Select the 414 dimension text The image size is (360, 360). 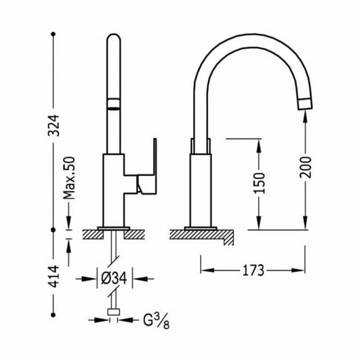pyautogui.click(x=55, y=276)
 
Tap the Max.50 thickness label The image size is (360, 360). pyautogui.click(x=69, y=178)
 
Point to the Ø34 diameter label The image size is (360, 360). pyautogui.click(x=114, y=278)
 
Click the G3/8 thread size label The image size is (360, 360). pyautogui.click(x=156, y=321)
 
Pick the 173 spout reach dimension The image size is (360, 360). pyautogui.click(x=253, y=271)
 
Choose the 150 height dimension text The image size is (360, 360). pyautogui.click(x=259, y=183)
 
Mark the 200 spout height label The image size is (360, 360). pyautogui.click(x=305, y=167)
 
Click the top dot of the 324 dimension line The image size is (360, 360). pyautogui.click(x=53, y=34)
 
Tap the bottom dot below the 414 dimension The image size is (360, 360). pyautogui.click(x=53, y=315)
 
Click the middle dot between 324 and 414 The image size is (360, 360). pyautogui.click(x=53, y=230)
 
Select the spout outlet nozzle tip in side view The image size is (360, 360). pyautogui.click(x=305, y=104)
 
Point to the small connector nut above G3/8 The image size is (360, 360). pyautogui.click(x=114, y=312)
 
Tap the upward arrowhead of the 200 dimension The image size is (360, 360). pyautogui.click(x=305, y=116)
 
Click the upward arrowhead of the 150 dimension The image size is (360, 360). pyautogui.click(x=259, y=145)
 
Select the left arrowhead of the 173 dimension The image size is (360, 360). pyautogui.click(x=207, y=270)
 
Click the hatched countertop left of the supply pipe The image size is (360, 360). pyautogui.click(x=93, y=235)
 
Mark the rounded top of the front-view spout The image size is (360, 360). pyautogui.click(x=114, y=35)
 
